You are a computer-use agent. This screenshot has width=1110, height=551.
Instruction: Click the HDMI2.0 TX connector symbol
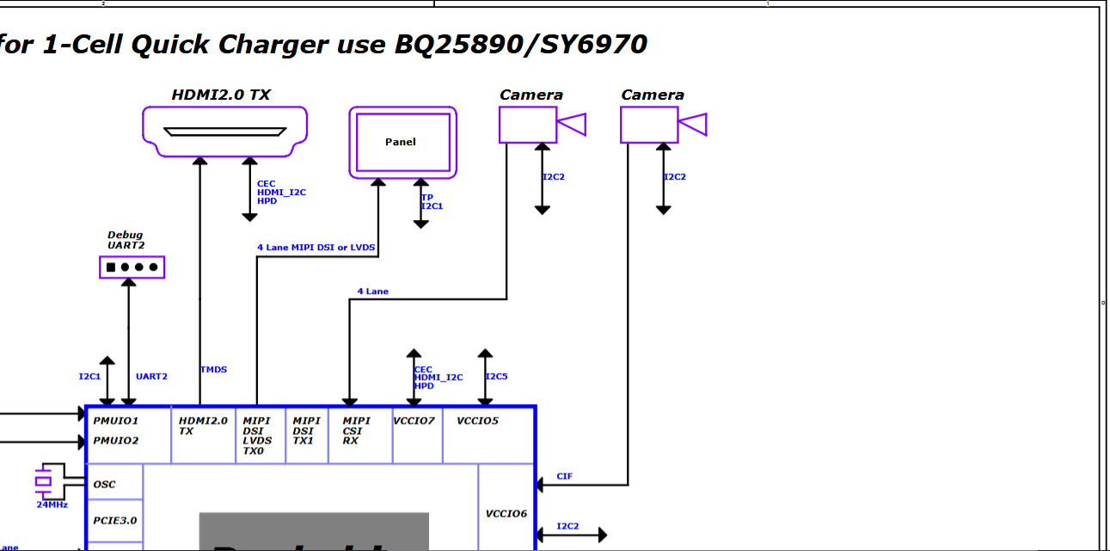pyautogui.click(x=224, y=132)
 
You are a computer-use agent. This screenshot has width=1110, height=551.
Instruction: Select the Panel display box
pyautogui.click(x=402, y=142)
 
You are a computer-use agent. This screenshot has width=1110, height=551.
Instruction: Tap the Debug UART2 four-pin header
pyautogui.click(x=132, y=267)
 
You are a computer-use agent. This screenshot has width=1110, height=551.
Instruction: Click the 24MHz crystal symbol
pyautogui.click(x=44, y=481)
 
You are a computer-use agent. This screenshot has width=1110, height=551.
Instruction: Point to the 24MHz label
pyautogui.click(x=52, y=505)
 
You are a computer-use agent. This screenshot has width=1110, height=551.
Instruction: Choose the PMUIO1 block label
pyautogui.click(x=116, y=421)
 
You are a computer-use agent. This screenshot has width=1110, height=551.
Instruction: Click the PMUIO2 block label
pyautogui.click(x=116, y=441)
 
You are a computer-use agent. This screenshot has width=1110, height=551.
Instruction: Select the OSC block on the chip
pyautogui.click(x=105, y=485)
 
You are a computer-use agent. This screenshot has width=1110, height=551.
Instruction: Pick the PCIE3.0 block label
pyautogui.click(x=115, y=520)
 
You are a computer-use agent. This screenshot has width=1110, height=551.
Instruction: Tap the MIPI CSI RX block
pyautogui.click(x=357, y=431)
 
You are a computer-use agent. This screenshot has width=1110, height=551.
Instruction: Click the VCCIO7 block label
pyautogui.click(x=414, y=421)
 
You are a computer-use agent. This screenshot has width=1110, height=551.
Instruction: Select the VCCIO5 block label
pyautogui.click(x=478, y=421)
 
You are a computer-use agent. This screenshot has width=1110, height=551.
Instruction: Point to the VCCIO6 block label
pyautogui.click(x=506, y=514)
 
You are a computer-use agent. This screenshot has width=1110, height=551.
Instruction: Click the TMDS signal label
pyautogui.click(x=214, y=370)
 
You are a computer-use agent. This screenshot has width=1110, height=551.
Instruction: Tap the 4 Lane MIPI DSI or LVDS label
pyautogui.click(x=316, y=248)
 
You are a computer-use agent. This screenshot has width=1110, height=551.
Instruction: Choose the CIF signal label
pyautogui.click(x=564, y=476)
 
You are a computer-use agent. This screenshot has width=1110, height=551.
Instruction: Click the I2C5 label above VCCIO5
pyautogui.click(x=497, y=377)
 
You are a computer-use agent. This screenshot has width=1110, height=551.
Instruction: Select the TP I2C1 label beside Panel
pyautogui.click(x=432, y=202)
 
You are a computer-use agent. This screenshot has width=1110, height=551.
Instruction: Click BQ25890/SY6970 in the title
pyautogui.click(x=520, y=45)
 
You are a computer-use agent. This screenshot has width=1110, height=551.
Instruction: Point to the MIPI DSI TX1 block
pyautogui.click(x=307, y=431)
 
